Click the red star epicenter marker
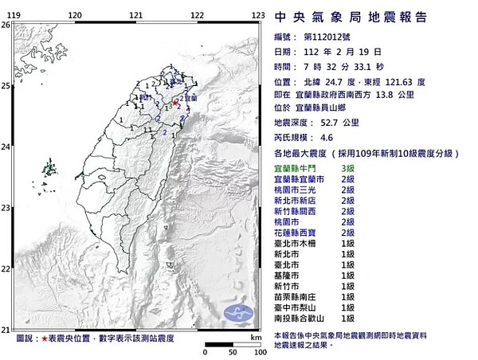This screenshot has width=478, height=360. click(175, 103)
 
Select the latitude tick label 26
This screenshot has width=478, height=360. click(6, 25)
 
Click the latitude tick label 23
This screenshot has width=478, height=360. click(6, 208)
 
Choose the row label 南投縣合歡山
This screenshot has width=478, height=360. click(296, 315)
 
